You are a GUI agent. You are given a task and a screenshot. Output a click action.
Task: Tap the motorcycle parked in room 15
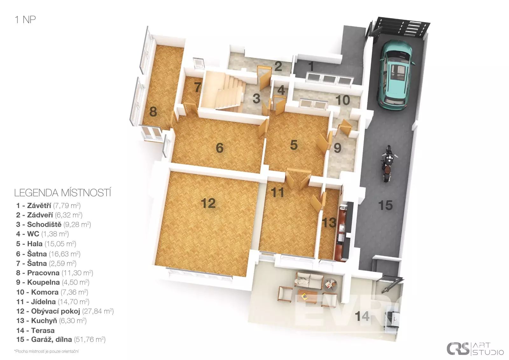[389, 163]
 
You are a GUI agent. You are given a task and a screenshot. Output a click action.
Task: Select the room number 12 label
[208, 203]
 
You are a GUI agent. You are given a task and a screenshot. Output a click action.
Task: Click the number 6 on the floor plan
[220, 148]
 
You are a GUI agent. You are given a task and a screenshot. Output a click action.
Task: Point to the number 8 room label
[153, 112]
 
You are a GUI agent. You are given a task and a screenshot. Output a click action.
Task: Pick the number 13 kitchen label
[329, 222]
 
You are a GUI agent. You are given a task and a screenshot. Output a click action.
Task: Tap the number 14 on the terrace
[362, 316]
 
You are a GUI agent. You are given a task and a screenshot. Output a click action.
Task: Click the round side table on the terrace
[331, 285]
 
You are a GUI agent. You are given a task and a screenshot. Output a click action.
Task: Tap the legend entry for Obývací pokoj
[65, 311]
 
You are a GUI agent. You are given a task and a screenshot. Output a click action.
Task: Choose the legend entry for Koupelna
[53, 282]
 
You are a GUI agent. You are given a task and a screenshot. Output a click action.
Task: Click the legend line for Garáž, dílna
[61, 340]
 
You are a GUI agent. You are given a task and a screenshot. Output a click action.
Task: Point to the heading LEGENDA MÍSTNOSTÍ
[62, 193]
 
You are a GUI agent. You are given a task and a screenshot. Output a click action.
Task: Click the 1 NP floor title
[25, 19]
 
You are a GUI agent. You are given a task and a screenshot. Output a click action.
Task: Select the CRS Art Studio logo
[475, 348]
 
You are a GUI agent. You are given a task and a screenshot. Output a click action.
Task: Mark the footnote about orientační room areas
[46, 351]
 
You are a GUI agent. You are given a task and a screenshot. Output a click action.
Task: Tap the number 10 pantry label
[343, 100]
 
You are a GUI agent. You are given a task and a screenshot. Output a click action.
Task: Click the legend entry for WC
[42, 234]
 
